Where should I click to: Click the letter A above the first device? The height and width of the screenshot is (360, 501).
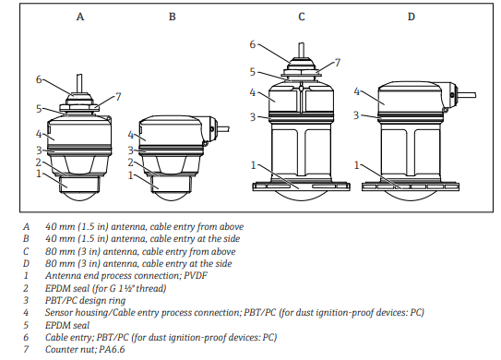click(80, 17)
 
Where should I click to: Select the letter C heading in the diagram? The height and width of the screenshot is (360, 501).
click(302, 17)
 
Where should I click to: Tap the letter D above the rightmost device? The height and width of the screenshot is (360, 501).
click(412, 17)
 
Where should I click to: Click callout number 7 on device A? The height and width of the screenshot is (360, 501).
click(118, 97)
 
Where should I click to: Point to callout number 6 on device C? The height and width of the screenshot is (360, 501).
click(253, 44)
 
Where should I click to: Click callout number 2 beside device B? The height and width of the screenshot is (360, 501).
click(130, 162)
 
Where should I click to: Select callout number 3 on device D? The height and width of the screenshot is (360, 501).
click(356, 114)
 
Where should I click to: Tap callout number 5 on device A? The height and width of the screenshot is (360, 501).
click(39, 109)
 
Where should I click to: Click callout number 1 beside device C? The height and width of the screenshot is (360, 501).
click(254, 165)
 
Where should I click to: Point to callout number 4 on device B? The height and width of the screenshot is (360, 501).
click(130, 135)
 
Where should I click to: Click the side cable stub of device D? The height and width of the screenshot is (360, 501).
click(467, 95)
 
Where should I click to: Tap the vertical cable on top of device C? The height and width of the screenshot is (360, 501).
click(302, 50)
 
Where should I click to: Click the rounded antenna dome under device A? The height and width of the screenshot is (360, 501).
click(79, 197)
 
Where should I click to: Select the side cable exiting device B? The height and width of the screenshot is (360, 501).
click(223, 129)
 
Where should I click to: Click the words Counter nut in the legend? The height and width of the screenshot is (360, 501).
click(69, 349)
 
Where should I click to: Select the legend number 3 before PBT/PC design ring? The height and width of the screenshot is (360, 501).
click(26, 300)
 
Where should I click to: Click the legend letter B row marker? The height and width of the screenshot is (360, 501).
click(26, 238)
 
